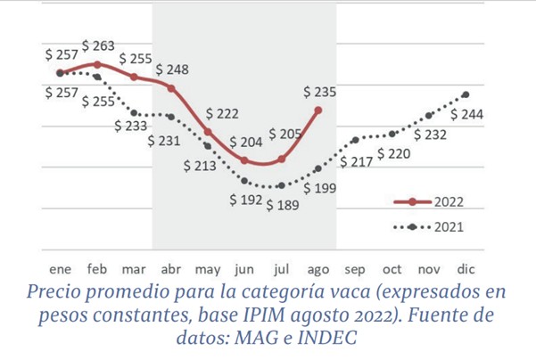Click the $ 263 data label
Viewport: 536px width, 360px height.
(99, 45)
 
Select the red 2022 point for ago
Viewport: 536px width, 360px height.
(318, 110)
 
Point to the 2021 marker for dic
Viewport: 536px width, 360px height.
(466, 94)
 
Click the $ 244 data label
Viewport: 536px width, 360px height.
(467, 114)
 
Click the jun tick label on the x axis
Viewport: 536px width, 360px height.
(243, 267)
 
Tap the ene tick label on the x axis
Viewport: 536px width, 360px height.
(60, 267)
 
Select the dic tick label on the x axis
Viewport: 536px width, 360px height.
(466, 267)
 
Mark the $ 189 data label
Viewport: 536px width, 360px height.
(284, 205)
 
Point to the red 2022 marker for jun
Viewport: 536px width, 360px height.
(244, 160)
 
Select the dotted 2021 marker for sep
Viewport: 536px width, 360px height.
(355, 140)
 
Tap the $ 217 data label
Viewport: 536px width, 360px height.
(357, 161)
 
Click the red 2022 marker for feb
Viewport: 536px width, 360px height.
(97, 64)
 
